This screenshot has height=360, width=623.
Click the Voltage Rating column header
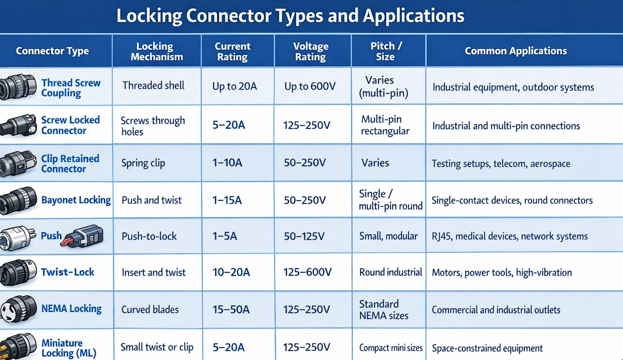pyautogui.click(x=311, y=51)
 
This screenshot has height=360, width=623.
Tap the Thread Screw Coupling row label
pyautogui.click(x=71, y=88)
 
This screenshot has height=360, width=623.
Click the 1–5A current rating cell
pyautogui.click(x=225, y=236)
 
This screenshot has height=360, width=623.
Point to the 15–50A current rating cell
pyautogui.click(x=231, y=309)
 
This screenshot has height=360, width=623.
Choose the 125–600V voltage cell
pyautogui.click(x=307, y=272)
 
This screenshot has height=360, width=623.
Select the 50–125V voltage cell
pyautogui.click(x=304, y=236)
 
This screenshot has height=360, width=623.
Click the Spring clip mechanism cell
pyautogui.click(x=143, y=163)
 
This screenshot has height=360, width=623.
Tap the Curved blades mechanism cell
pyautogui.click(x=150, y=309)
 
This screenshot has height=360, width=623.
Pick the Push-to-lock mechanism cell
pyautogui.click(x=149, y=236)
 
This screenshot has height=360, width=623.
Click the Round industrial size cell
pyautogui.click(x=390, y=272)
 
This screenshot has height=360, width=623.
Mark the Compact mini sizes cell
pyautogui.click(x=390, y=348)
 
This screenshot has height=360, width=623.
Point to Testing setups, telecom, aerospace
pyautogui.click(x=501, y=164)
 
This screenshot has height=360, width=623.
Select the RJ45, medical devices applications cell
pyautogui.click(x=509, y=236)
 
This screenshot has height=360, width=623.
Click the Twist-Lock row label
pyautogui.click(x=68, y=272)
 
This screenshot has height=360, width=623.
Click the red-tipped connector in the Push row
pyautogui.click(x=83, y=236)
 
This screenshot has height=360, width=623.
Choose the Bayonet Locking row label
pyautogui.click(x=76, y=200)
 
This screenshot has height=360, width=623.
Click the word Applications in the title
pyautogui.click(x=413, y=16)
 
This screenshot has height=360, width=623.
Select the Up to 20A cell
pyautogui.click(x=234, y=86)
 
